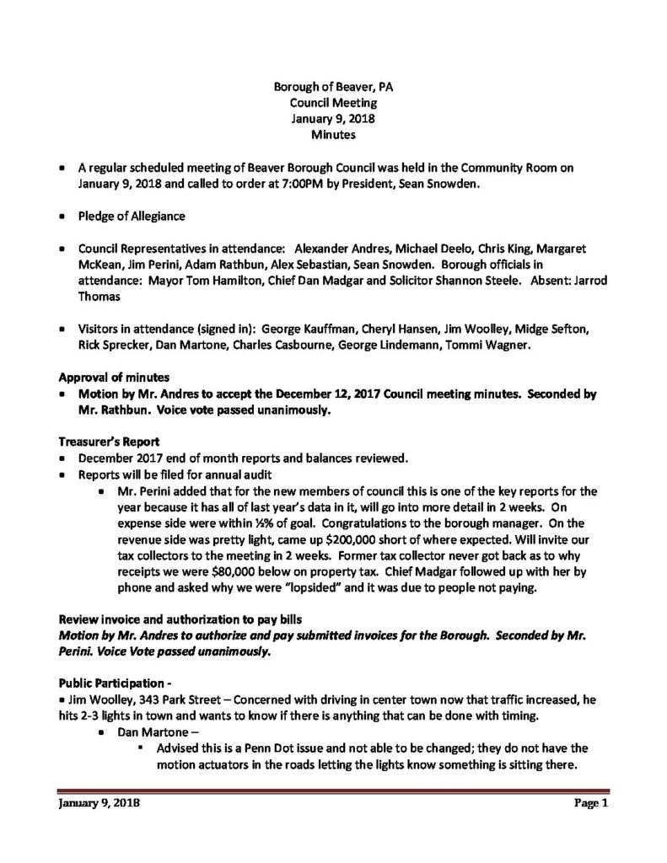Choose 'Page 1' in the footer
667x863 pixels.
pyautogui.click(x=586, y=804)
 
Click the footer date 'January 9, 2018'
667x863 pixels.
pyautogui.click(x=98, y=804)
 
